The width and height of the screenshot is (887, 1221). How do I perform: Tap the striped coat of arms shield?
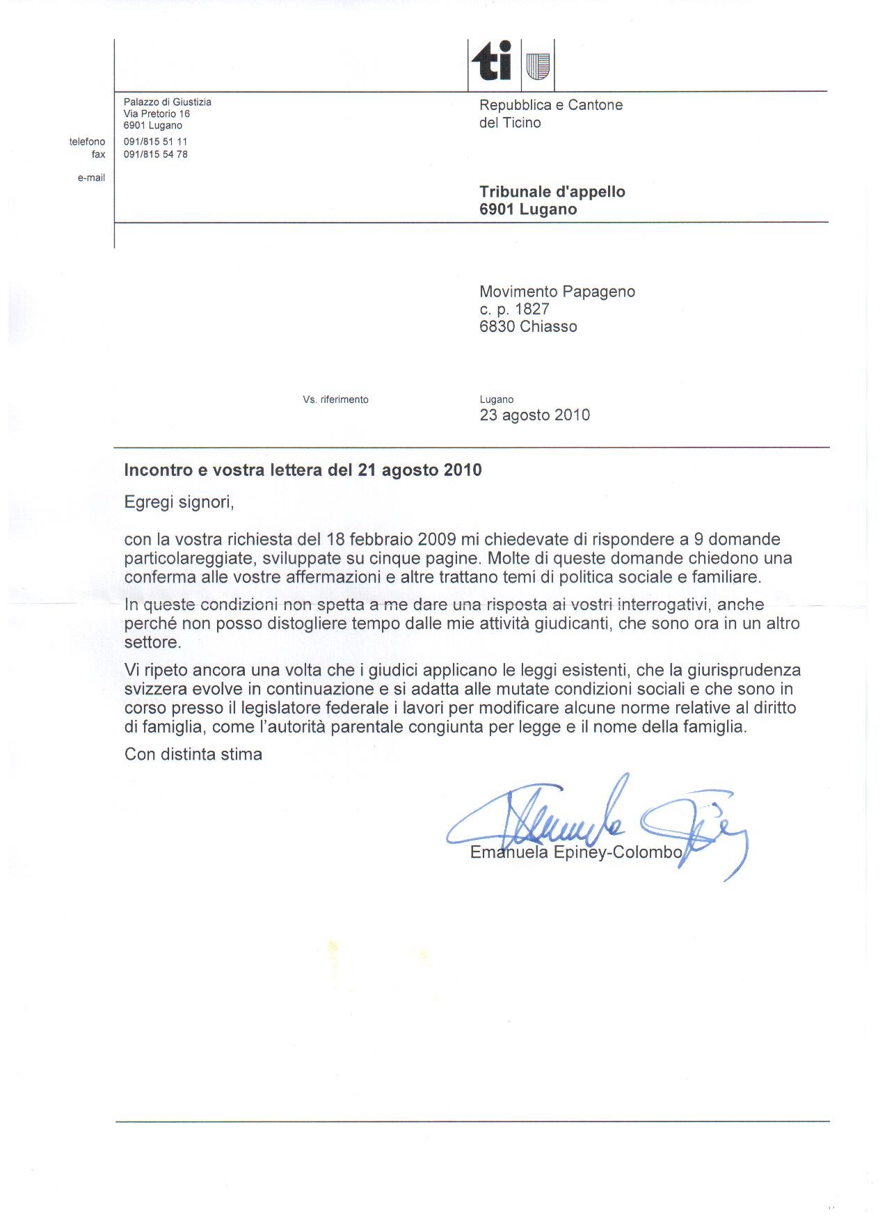click(538, 65)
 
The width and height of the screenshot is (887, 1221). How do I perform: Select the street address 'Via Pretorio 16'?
click(157, 113)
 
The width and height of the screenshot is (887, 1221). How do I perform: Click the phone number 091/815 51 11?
click(156, 141)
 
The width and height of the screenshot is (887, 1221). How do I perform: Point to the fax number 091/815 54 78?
click(156, 154)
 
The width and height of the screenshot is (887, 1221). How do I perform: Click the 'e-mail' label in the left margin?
click(91, 178)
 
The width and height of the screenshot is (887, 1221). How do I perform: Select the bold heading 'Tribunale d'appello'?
click(552, 192)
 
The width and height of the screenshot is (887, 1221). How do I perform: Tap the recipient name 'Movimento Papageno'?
click(557, 292)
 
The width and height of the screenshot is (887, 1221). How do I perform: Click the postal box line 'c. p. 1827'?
click(514, 309)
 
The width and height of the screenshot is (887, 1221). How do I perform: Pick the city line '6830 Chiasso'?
click(528, 326)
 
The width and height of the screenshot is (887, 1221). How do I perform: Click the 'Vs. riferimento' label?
click(335, 399)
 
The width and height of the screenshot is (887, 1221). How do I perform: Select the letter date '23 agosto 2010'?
click(534, 415)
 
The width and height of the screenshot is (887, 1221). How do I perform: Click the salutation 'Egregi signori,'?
click(179, 502)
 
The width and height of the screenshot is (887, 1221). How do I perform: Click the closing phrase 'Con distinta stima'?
click(193, 754)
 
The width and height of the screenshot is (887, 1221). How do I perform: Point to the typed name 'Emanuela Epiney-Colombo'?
click(576, 852)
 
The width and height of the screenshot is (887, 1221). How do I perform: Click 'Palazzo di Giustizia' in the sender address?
click(167, 102)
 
